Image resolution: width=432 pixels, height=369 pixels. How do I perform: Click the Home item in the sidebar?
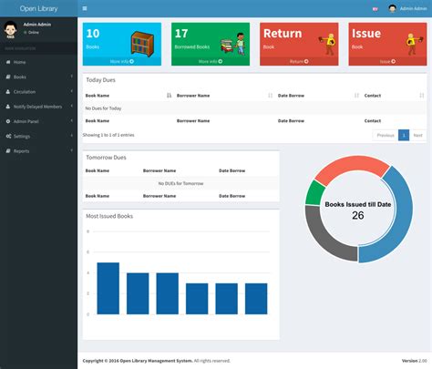20,62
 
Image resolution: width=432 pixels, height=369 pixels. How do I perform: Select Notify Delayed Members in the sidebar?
37,107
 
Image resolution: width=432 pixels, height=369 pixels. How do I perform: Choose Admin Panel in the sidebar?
26,121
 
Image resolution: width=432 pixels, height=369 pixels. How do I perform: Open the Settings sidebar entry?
22,136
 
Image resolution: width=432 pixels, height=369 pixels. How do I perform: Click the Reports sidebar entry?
21,150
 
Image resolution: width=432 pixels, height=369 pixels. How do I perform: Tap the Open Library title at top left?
38,8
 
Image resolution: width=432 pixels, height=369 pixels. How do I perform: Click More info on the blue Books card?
121,61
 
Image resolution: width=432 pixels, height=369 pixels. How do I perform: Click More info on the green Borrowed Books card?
210,61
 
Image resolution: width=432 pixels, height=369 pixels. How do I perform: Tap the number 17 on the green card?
181,34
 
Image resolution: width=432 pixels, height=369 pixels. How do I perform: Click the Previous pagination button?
385,135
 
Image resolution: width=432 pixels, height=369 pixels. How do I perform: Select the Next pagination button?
417,135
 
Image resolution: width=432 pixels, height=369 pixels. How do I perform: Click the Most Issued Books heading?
109,216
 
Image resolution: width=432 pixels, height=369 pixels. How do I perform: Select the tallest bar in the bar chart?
108,288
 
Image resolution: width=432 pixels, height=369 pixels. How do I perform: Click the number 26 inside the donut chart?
357,215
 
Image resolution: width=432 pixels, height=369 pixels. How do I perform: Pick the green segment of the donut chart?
314,192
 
